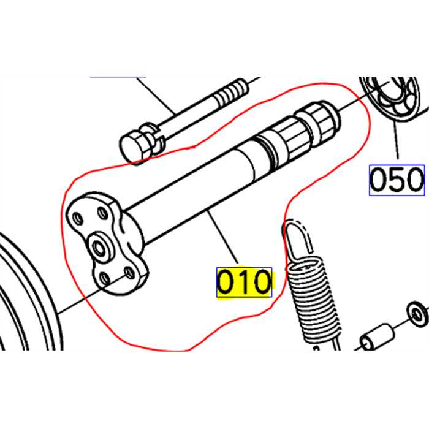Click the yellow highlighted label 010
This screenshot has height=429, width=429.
[x=244, y=283]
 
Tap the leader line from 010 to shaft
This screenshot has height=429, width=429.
[x=223, y=238]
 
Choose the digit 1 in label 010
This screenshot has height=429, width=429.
[x=244, y=283]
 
